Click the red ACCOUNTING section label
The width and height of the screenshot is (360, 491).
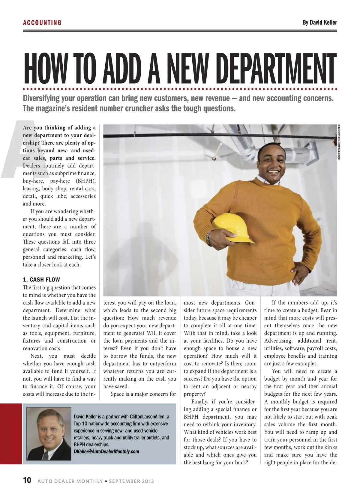[x=42, y=23]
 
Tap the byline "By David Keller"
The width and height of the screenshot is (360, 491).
[x=319, y=22]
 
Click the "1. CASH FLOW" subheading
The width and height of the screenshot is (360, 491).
[x=41, y=280]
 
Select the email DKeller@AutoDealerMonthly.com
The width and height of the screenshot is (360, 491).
[x=106, y=451]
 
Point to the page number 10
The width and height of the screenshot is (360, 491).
[x=27, y=481]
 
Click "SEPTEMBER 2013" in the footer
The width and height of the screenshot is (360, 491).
[x=131, y=481]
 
